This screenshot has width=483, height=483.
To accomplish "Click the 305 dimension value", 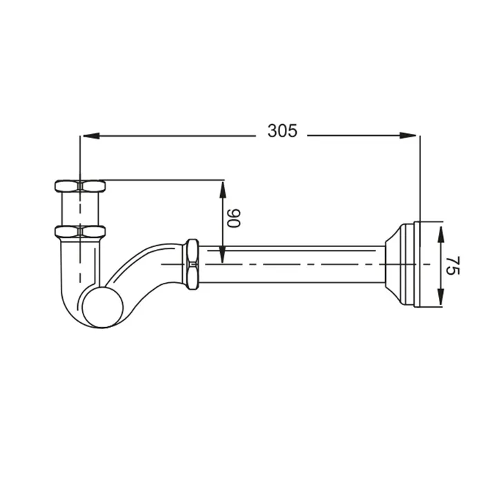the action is [282, 130].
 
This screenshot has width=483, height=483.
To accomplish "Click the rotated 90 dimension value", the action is [233, 218].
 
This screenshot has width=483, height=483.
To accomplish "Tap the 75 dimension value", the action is [453, 266].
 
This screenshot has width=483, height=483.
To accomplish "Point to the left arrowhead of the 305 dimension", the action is [91, 135].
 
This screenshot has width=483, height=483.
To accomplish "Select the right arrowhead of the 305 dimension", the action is [408, 135].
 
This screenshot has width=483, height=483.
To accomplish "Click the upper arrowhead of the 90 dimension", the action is [222, 190].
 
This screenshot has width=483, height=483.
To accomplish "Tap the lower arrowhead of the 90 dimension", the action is [222, 255].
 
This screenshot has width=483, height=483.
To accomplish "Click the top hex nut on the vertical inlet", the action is [80, 186].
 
